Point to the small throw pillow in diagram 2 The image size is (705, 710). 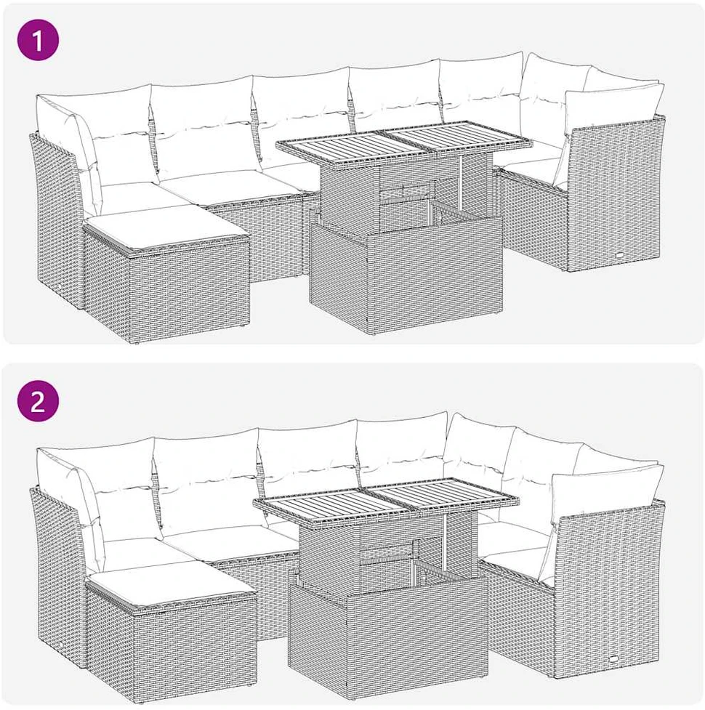coord(607,493)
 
